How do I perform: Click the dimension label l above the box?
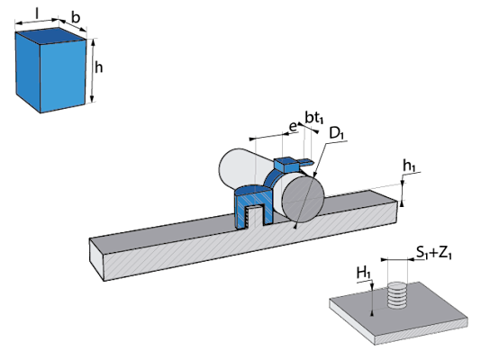click(x=37, y=13)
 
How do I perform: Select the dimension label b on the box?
click(x=76, y=17)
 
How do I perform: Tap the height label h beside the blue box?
click(x=98, y=67)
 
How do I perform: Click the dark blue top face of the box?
click(x=50, y=36)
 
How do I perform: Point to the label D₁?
click(x=337, y=133)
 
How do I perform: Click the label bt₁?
click(x=314, y=117)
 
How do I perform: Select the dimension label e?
click(x=294, y=126)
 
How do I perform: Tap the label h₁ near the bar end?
click(x=410, y=166)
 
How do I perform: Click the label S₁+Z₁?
click(x=434, y=253)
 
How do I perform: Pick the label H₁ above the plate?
click(x=364, y=273)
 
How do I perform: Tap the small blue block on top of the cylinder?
click(x=286, y=165)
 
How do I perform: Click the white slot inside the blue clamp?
click(x=255, y=217)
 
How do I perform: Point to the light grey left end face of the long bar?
click(x=97, y=259)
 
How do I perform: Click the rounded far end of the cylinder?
click(x=229, y=168)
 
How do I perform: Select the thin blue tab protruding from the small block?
click(x=305, y=161)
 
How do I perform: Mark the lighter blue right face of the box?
click(x=63, y=76)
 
